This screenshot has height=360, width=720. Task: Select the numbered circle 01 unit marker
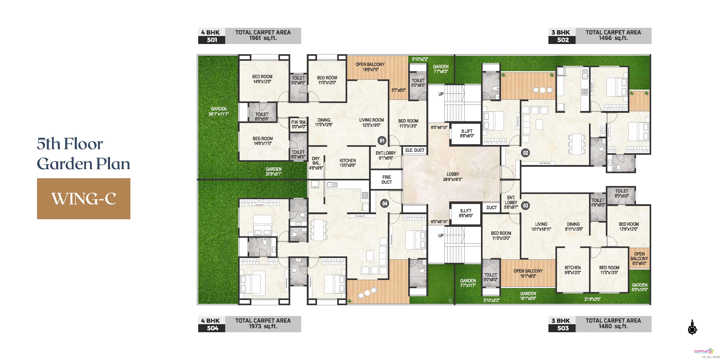click(382, 141)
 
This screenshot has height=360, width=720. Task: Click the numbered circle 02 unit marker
click(525, 153)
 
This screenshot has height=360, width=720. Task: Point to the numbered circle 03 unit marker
click(525, 206)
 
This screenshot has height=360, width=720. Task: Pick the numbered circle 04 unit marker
click(385, 203)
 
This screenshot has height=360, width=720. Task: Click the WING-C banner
click(84, 199)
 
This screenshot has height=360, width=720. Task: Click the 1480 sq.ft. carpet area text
click(613, 326)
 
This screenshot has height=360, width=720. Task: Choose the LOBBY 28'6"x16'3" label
click(453, 177)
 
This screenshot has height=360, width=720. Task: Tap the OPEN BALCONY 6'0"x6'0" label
click(639, 259)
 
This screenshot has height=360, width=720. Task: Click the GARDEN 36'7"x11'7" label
click(219, 111)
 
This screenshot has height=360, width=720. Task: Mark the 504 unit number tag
click(212, 328)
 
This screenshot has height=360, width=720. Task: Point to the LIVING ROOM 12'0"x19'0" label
click(371, 122)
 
